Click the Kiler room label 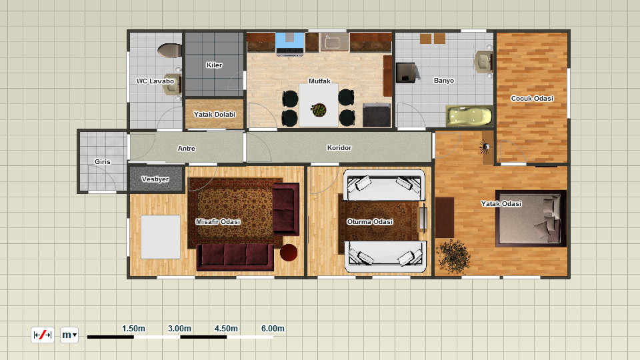pyautogui.click(x=214, y=65)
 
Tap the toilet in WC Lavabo pyautogui.click(x=169, y=51)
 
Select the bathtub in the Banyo pyautogui.click(x=469, y=116)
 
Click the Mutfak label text pyautogui.click(x=319, y=81)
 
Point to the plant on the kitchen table pyautogui.click(x=319, y=110)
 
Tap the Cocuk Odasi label pyautogui.click(x=532, y=99)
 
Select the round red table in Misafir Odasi pyautogui.click(x=289, y=252)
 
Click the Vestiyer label pyautogui.click(x=155, y=179)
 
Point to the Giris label pyautogui.click(x=103, y=161)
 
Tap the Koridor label pyautogui.click(x=339, y=148)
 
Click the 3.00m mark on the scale pyautogui.click(x=179, y=329)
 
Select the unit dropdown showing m pyautogui.click(x=69, y=335)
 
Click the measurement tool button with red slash pyautogui.click(x=43, y=335)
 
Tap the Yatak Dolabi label pyautogui.click(x=214, y=114)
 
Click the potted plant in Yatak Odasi pyautogui.click(x=453, y=256)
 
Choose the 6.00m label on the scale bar pyautogui.click(x=273, y=329)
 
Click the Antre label pyautogui.click(x=186, y=149)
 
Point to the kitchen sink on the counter pyautogui.click(x=334, y=42)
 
